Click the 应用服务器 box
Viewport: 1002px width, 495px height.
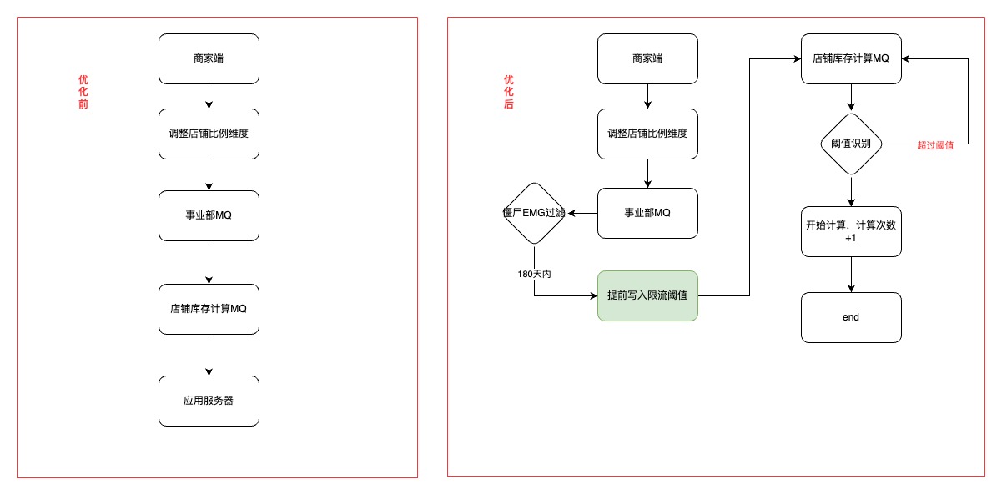209,401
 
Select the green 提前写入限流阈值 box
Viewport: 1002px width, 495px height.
647,296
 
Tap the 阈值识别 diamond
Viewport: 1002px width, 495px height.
851,144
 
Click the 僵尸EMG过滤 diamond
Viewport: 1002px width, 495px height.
534,213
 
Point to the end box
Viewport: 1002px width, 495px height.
851,317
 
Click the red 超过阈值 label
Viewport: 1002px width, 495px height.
934,145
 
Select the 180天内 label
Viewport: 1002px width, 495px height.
534,274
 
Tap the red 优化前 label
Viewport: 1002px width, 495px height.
83,92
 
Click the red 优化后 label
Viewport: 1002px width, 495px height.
508,92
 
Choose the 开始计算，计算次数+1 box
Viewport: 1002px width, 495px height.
851,232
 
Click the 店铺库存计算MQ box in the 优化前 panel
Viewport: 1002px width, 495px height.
209,309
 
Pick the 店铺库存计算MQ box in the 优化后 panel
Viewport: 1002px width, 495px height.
851,59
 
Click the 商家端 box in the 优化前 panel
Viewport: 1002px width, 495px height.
209,59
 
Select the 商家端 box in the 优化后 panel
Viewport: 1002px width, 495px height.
647,59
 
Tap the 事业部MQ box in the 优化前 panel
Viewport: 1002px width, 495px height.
209,215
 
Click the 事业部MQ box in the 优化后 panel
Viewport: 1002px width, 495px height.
647,213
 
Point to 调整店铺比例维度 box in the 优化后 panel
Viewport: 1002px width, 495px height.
647,134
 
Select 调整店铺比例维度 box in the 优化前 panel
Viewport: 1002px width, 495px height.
209,134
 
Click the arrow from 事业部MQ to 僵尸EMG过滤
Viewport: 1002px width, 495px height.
582,213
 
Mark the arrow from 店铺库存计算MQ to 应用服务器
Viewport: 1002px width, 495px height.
209,355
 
